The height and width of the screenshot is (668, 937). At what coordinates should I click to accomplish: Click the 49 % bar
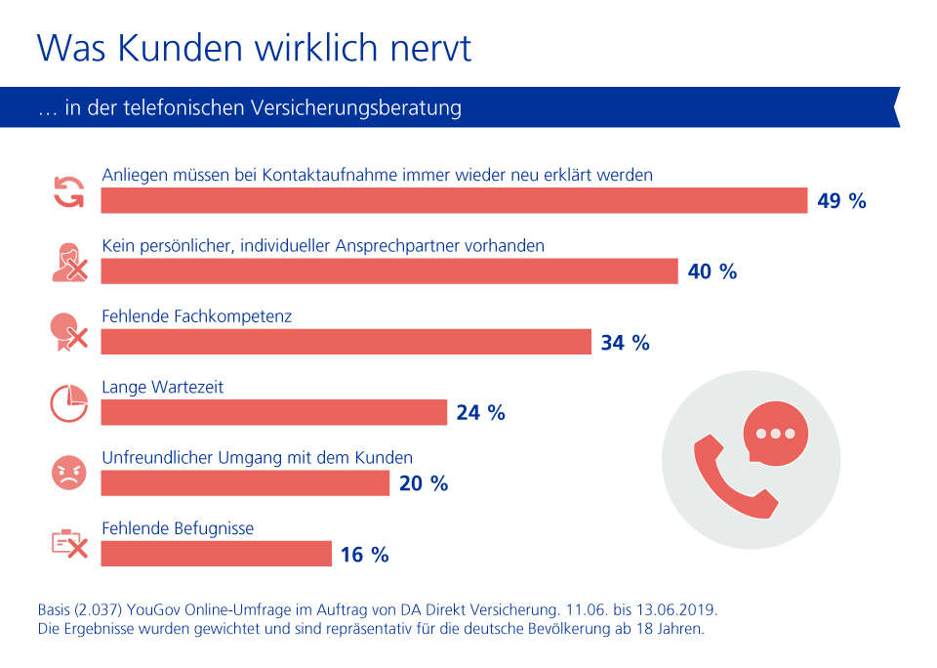(454, 200)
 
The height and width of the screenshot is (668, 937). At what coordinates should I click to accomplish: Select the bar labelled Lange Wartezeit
(273, 412)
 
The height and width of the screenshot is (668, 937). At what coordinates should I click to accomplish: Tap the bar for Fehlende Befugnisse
(216, 554)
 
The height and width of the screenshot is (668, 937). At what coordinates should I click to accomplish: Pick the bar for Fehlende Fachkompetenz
(346, 342)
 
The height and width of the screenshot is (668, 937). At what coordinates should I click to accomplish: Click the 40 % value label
(713, 271)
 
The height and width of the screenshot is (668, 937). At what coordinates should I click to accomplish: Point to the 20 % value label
(424, 483)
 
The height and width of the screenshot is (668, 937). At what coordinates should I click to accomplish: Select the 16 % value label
(365, 555)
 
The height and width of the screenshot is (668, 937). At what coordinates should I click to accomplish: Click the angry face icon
(68, 474)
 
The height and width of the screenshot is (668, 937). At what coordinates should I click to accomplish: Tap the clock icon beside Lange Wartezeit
(68, 403)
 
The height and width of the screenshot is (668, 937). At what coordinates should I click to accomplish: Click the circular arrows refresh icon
(68, 191)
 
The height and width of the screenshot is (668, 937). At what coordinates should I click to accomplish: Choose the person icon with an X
(68, 263)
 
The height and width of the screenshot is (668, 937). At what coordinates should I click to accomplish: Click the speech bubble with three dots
(775, 433)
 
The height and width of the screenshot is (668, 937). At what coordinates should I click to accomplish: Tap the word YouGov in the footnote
(154, 609)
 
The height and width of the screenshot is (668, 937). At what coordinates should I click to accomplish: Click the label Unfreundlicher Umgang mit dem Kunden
(257, 457)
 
